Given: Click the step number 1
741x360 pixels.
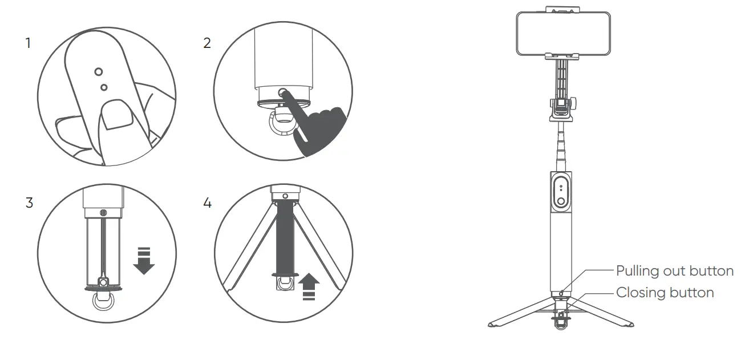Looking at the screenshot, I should [x=28, y=43].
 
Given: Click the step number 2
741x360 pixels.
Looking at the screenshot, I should [x=206, y=43].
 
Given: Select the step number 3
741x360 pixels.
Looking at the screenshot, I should [x=29, y=203].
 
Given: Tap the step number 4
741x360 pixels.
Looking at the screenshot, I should [x=207, y=203].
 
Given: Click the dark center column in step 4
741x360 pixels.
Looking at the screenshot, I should [x=285, y=240].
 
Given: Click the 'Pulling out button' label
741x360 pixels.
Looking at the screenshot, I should [x=674, y=270].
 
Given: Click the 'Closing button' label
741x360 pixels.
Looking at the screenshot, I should [x=665, y=293].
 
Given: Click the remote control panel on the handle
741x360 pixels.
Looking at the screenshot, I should [x=562, y=192].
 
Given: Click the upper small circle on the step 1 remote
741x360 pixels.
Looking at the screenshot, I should [x=99, y=71].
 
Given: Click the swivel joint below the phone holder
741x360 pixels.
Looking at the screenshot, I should [x=562, y=108].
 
